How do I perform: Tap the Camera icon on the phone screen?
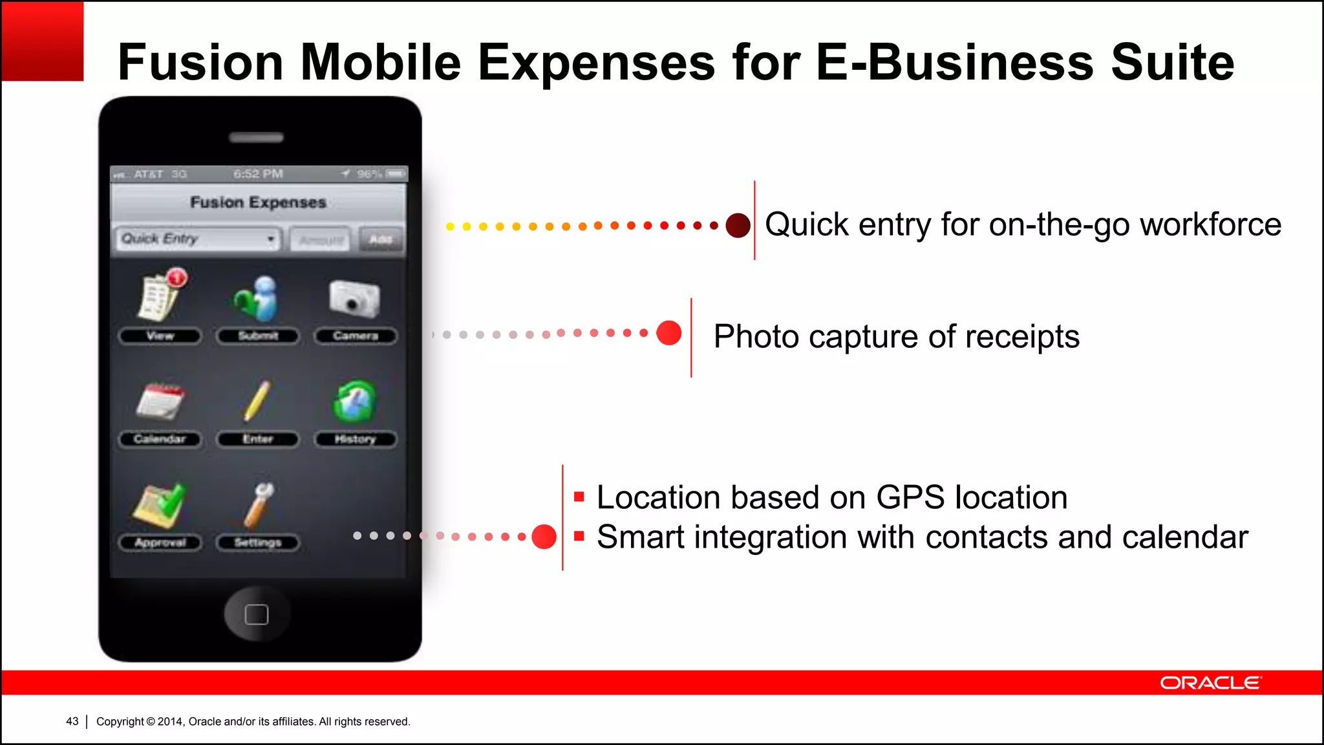[x=354, y=299]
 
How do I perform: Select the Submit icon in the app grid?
[x=257, y=299]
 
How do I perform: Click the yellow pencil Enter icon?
[x=257, y=401]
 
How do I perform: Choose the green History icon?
[x=354, y=402]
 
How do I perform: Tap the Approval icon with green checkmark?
[x=160, y=506]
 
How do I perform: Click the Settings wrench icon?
[x=259, y=506]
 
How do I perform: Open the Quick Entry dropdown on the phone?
[x=198, y=239]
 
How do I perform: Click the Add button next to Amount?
[x=381, y=239]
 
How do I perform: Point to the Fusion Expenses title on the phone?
[x=258, y=202]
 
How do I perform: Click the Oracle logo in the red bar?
[x=1210, y=683]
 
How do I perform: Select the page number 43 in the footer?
[x=72, y=722]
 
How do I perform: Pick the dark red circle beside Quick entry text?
[x=738, y=225]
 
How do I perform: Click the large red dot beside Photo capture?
[x=668, y=333]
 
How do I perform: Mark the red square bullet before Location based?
[x=579, y=497]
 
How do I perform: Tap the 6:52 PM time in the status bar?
[x=258, y=174]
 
